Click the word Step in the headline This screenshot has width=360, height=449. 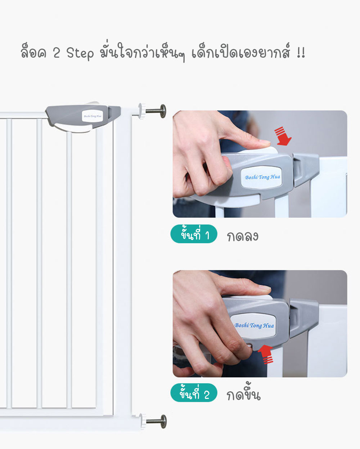[80, 53]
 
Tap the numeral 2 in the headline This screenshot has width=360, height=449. [56, 53]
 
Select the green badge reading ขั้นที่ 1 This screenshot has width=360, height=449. [194, 235]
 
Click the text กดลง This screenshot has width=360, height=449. [243, 236]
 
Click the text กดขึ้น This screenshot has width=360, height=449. [243, 395]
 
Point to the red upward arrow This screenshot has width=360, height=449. [266, 354]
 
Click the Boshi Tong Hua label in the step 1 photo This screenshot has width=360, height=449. [262, 177]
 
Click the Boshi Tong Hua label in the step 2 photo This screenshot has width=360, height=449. [254, 325]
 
